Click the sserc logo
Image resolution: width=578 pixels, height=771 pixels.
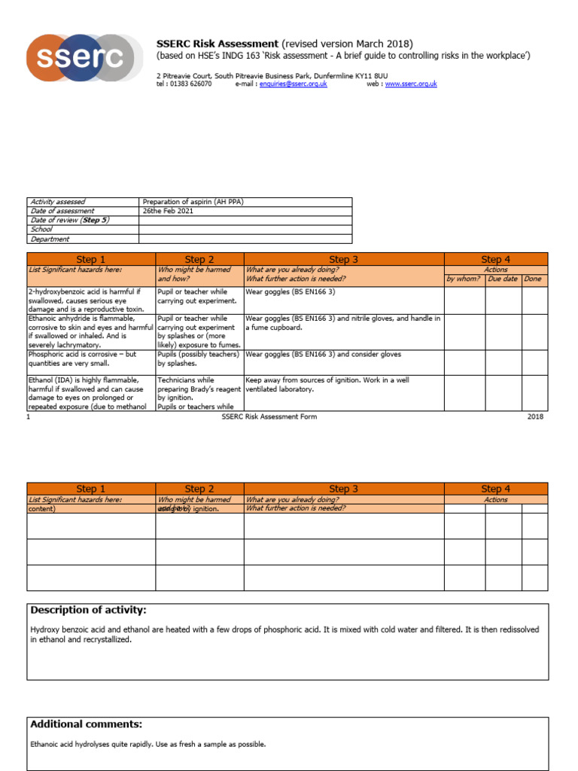[84, 57]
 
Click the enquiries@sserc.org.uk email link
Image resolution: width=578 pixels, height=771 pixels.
[293, 84]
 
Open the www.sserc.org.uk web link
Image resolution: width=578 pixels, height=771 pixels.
[410, 84]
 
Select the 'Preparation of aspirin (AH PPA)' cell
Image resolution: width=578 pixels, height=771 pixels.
[193, 202]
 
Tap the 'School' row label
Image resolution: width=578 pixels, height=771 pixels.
[41, 230]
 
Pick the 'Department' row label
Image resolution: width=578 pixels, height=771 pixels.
[50, 239]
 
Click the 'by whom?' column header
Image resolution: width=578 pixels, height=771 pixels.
[463, 279]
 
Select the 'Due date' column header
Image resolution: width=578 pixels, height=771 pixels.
[503, 279]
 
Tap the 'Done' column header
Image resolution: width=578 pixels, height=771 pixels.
[534, 279]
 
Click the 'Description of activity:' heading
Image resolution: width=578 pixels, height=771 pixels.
[88, 610]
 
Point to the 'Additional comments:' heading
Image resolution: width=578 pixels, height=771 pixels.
[86, 724]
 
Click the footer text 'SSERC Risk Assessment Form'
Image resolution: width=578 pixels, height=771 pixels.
[269, 416]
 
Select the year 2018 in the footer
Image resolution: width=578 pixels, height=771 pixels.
[534, 416]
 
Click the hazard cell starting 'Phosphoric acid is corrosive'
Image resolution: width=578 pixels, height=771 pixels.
[83, 358]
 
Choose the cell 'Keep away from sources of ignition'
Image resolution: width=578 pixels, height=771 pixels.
[327, 380]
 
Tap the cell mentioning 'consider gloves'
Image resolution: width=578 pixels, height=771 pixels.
[323, 354]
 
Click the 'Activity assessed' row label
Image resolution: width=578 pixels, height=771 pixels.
[57, 202]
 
